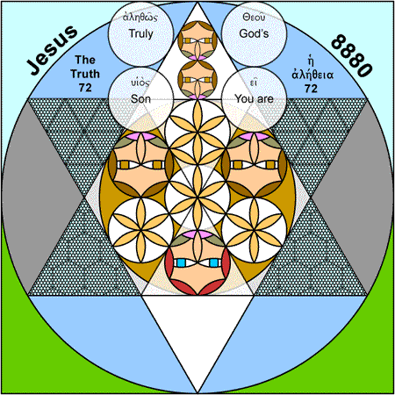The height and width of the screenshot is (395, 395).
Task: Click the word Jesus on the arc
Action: point(52,50)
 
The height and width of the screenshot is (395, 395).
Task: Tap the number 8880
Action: point(352,55)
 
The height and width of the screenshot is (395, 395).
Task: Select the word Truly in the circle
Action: point(141,33)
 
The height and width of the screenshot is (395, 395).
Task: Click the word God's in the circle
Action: point(254,33)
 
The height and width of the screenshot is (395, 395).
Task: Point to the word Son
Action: point(140,99)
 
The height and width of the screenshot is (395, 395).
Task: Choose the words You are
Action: point(254,99)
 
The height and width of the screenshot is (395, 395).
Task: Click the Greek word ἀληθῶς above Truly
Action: point(140,18)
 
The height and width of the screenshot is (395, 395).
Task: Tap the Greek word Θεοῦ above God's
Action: point(254,18)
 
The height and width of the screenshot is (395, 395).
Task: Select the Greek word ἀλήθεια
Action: point(312,75)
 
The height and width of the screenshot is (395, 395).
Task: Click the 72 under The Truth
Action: point(85,88)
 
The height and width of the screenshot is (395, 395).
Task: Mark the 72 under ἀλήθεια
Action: point(311,89)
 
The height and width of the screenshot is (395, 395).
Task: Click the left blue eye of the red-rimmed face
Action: point(181,262)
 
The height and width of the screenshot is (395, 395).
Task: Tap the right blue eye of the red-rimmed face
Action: point(214,262)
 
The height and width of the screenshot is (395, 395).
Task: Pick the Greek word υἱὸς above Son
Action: point(140,83)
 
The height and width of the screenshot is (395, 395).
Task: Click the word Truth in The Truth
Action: point(85,74)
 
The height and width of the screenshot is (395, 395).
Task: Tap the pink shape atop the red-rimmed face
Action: point(197,234)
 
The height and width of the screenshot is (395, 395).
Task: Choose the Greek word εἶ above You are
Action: point(254,83)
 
